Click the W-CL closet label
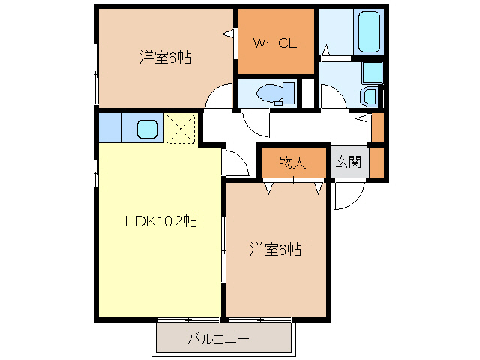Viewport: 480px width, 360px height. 275,43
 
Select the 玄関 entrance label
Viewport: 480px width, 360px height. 348,162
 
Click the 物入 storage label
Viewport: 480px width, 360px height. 292,162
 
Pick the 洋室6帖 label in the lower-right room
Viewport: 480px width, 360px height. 276,250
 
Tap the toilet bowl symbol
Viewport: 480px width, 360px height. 271,93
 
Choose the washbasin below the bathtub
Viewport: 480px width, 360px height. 369,96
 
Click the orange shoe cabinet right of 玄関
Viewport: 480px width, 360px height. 376,162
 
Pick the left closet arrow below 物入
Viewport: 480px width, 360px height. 268,187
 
